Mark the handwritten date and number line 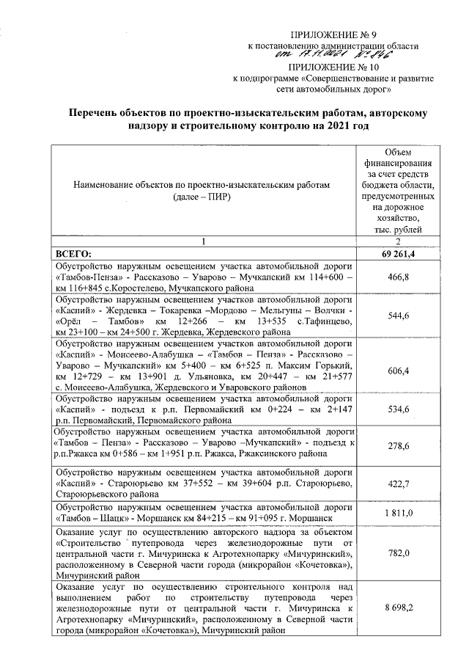tap(333, 54)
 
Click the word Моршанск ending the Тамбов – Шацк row tap(307, 518)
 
